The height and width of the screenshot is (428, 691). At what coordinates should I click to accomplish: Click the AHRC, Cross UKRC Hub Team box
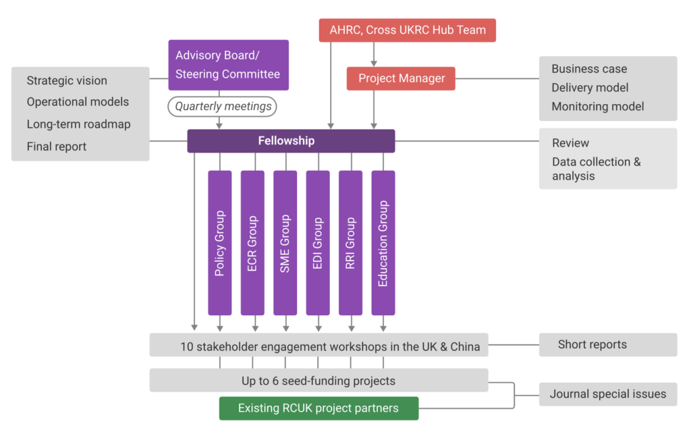(x=407, y=30)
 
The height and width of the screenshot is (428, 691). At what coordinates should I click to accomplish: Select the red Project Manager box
(x=401, y=78)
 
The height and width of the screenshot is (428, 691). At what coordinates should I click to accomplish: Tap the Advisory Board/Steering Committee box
(x=228, y=65)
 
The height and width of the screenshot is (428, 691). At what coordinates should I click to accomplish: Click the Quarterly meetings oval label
(x=223, y=106)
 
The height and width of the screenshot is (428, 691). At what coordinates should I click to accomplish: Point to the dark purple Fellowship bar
(x=291, y=141)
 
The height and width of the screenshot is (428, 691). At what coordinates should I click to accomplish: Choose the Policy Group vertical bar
(x=220, y=243)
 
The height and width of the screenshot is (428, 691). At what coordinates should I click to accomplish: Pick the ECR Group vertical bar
(x=252, y=243)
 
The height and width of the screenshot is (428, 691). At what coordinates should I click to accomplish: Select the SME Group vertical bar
(x=285, y=243)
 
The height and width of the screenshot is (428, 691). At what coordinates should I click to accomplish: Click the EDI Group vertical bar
(x=318, y=243)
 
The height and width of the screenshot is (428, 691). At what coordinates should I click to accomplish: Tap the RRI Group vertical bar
(x=350, y=243)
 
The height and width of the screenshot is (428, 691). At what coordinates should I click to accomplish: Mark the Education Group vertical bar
(x=383, y=243)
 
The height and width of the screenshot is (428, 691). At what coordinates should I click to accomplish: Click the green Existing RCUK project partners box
(x=319, y=408)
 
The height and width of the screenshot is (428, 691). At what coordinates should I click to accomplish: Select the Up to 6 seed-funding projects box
(x=319, y=381)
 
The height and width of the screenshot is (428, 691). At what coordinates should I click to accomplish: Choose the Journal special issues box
(x=607, y=394)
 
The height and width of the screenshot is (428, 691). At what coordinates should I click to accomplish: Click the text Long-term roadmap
(x=78, y=124)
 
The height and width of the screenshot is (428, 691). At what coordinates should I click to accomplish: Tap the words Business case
(x=589, y=69)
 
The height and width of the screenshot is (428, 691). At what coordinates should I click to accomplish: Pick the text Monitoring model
(x=597, y=107)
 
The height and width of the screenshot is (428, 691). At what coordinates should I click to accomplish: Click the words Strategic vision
(x=67, y=81)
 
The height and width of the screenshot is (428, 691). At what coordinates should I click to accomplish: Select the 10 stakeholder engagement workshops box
(x=319, y=347)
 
